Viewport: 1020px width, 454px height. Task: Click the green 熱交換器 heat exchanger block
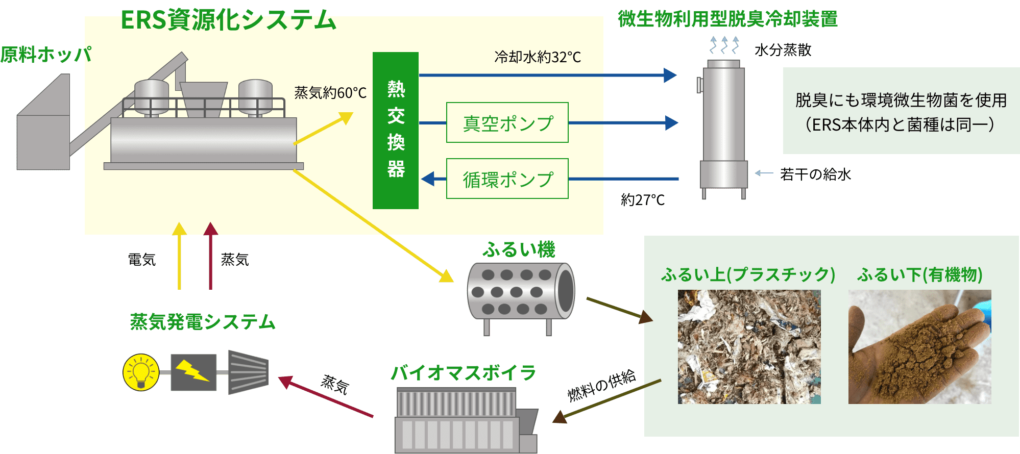396,131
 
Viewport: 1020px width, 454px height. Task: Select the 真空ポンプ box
507,122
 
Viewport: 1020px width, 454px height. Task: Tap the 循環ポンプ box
507,179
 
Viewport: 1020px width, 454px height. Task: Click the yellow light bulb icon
141,372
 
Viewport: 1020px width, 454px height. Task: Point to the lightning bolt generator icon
193,372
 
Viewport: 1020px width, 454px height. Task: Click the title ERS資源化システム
228,20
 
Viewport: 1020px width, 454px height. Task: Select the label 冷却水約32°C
538,57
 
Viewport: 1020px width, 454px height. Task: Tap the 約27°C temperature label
643,199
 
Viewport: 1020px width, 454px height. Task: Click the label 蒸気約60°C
330,93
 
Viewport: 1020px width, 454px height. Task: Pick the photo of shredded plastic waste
749,347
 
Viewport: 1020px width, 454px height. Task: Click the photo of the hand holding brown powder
920,347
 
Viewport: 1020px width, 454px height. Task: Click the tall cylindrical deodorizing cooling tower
723,130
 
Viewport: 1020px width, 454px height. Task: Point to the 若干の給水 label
815,174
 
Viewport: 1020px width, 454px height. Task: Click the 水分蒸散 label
783,50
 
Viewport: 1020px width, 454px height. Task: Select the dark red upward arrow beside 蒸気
210,256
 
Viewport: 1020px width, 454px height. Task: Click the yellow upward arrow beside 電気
179,256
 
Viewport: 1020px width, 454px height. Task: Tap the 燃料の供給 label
602,385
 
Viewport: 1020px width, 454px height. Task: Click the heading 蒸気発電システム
203,322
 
